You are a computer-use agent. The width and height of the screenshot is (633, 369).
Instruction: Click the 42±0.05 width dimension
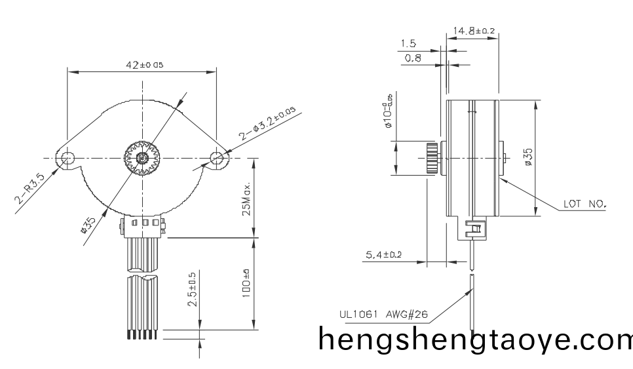click(x=144, y=64)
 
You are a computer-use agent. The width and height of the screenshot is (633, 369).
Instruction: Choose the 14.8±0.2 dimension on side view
click(x=474, y=30)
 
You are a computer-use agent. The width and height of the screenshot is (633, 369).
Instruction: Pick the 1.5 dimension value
click(x=408, y=44)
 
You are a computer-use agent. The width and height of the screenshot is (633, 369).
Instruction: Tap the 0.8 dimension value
click(x=413, y=59)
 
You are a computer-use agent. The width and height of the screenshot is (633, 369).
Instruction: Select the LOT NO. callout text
click(x=585, y=204)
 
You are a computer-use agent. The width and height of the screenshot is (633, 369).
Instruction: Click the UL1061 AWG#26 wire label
click(x=383, y=314)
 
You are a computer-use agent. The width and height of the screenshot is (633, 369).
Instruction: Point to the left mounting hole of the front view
click(x=67, y=158)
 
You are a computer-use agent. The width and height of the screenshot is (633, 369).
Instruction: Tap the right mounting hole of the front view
click(x=217, y=157)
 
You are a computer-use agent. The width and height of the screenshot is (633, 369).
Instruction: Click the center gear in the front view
click(x=142, y=158)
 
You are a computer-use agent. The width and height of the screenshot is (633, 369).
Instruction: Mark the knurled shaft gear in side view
click(x=431, y=158)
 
